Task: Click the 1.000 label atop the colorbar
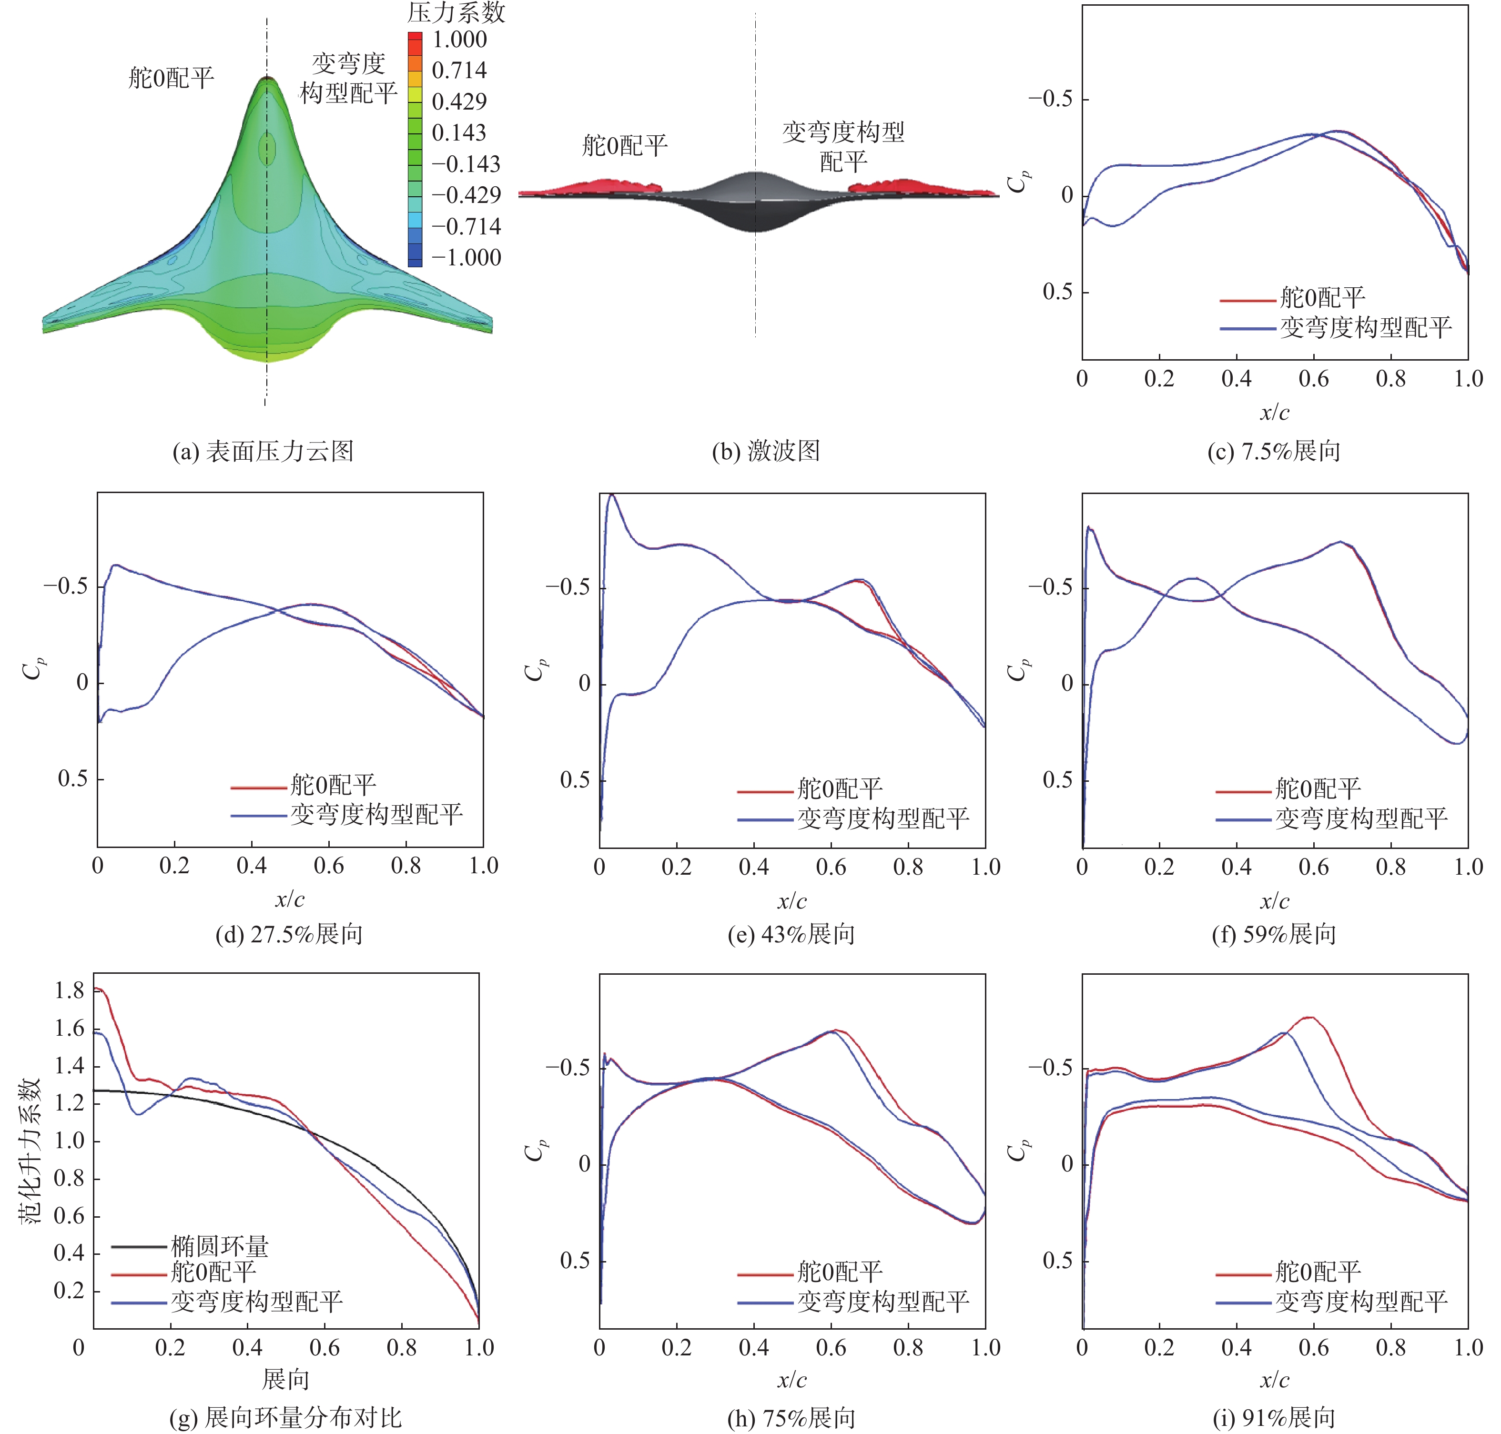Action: click(x=459, y=40)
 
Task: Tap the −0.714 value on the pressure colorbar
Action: click(x=466, y=227)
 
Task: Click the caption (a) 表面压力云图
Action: click(x=263, y=451)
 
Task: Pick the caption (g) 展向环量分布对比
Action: click(x=285, y=1418)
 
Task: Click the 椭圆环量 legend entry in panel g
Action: click(x=220, y=1247)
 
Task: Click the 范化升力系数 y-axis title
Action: click(x=30, y=1151)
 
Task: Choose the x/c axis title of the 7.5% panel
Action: click(x=1275, y=413)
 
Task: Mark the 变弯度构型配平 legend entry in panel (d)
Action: click(x=376, y=815)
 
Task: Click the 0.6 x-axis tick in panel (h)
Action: click(x=831, y=1348)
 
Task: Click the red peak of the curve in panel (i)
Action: click(x=1309, y=1018)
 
